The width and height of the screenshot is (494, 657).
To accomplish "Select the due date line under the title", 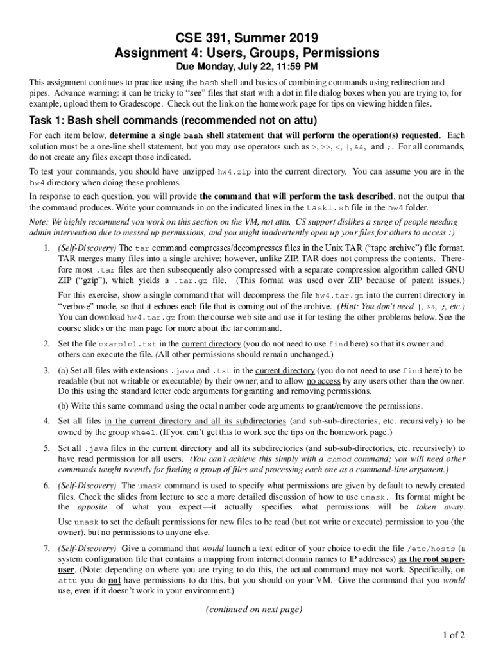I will point(247,67).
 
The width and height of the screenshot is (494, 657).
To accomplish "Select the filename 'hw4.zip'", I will point(234,172).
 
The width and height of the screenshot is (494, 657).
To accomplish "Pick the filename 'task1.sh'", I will point(326,208).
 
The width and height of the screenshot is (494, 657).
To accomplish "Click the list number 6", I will point(47,486).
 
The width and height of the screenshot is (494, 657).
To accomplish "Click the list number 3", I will point(47,371).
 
